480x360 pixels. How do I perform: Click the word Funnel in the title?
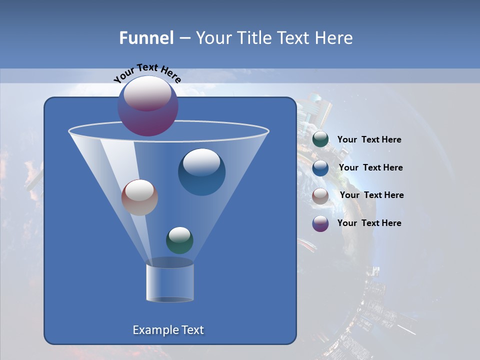[146, 38]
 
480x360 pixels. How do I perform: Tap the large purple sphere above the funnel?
[147, 105]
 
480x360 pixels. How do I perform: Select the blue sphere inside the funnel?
[201, 172]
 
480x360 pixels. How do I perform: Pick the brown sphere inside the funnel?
[139, 197]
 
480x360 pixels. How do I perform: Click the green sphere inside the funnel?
[179, 240]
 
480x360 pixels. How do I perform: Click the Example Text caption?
[168, 330]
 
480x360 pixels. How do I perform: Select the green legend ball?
[320, 139]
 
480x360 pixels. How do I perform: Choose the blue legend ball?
[320, 168]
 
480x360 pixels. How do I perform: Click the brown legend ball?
[320, 195]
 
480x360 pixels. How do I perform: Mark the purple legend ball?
[320, 223]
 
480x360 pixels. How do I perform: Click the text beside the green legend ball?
[369, 140]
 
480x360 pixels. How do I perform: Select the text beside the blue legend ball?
[370, 167]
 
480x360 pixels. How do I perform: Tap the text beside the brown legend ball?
[371, 195]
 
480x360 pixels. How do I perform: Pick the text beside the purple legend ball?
[369, 223]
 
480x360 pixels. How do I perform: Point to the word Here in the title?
[334, 38]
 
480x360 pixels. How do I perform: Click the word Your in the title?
[212, 38]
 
